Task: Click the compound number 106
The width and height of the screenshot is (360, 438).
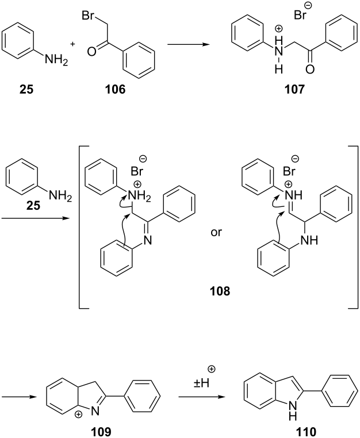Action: (x=115, y=90)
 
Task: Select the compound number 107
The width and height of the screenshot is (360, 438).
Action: (x=294, y=90)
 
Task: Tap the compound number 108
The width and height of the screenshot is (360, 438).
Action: (x=220, y=291)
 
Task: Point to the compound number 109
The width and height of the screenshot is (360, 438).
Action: (x=101, y=432)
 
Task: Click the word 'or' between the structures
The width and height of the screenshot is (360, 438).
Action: (x=216, y=232)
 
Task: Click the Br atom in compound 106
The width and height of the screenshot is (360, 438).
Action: (x=87, y=16)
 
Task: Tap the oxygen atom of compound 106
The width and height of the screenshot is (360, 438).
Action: (x=91, y=52)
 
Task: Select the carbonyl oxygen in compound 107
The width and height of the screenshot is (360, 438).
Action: (x=310, y=69)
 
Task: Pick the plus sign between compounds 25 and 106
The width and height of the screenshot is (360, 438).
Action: (x=72, y=44)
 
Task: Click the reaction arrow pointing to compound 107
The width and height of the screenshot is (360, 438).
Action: (x=189, y=44)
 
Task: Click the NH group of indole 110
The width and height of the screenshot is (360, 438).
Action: (x=292, y=413)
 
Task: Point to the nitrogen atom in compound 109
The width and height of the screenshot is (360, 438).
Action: (x=95, y=411)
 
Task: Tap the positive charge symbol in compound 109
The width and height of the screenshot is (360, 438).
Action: (x=79, y=415)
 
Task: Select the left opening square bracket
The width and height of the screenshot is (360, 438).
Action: (x=84, y=227)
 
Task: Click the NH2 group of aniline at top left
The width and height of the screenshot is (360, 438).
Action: (x=56, y=60)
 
